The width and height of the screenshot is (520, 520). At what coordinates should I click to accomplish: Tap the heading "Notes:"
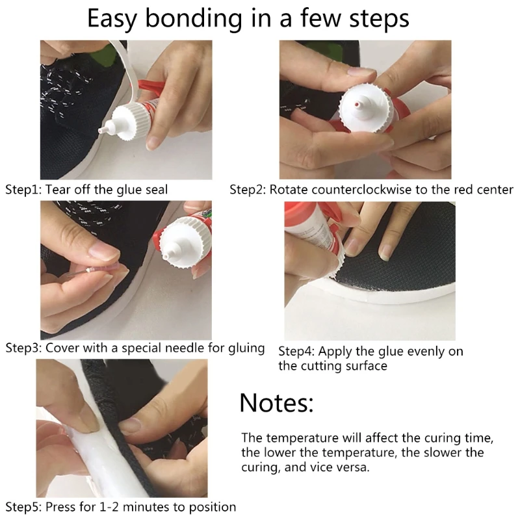pos(276,403)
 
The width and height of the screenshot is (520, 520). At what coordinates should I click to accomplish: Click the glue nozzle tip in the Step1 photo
pos(101,131)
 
